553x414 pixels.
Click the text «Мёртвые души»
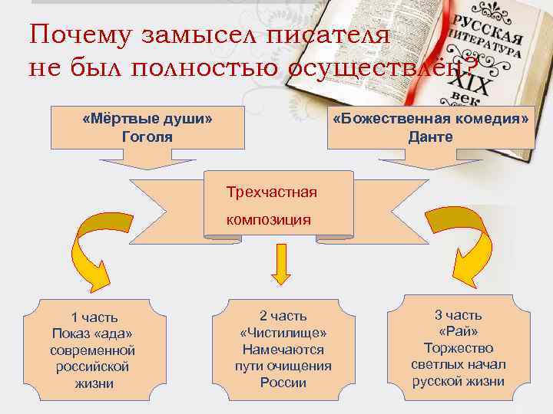click(x=147, y=120)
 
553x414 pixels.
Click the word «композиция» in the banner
click(x=268, y=220)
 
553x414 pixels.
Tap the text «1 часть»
click(x=94, y=317)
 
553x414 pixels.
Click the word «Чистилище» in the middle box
click(x=283, y=333)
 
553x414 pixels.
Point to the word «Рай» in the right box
click(x=458, y=331)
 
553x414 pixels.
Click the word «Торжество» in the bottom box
click(x=458, y=347)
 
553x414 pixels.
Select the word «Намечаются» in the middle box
click(x=283, y=350)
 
